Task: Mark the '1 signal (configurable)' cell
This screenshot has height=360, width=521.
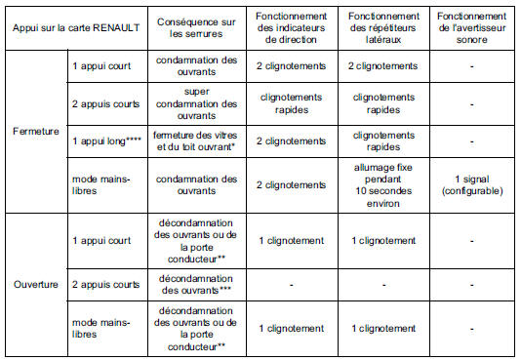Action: point(472,182)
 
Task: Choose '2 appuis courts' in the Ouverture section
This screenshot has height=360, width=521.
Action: point(104,285)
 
